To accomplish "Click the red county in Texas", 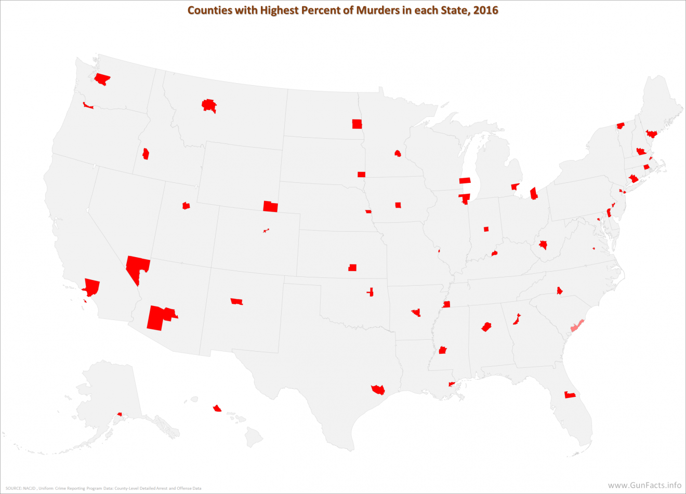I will tap(378, 389).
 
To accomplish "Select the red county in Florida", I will tap(570, 395).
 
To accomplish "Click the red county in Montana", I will tap(209, 105).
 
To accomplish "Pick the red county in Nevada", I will tap(137, 266).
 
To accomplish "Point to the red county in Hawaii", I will tap(217, 408).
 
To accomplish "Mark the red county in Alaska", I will tap(120, 414).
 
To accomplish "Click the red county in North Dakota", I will tap(357, 124).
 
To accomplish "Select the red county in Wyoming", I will tap(270, 206).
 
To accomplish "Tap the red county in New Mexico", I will tap(236, 301).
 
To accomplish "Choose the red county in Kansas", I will tap(352, 268).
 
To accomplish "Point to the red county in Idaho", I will tap(146, 154).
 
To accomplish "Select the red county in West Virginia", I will tap(544, 245).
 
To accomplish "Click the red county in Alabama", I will tap(486, 327).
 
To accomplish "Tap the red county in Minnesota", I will tap(398, 153).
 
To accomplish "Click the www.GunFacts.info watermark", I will tap(644, 485).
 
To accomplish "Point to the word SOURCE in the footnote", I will tap(13, 488).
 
